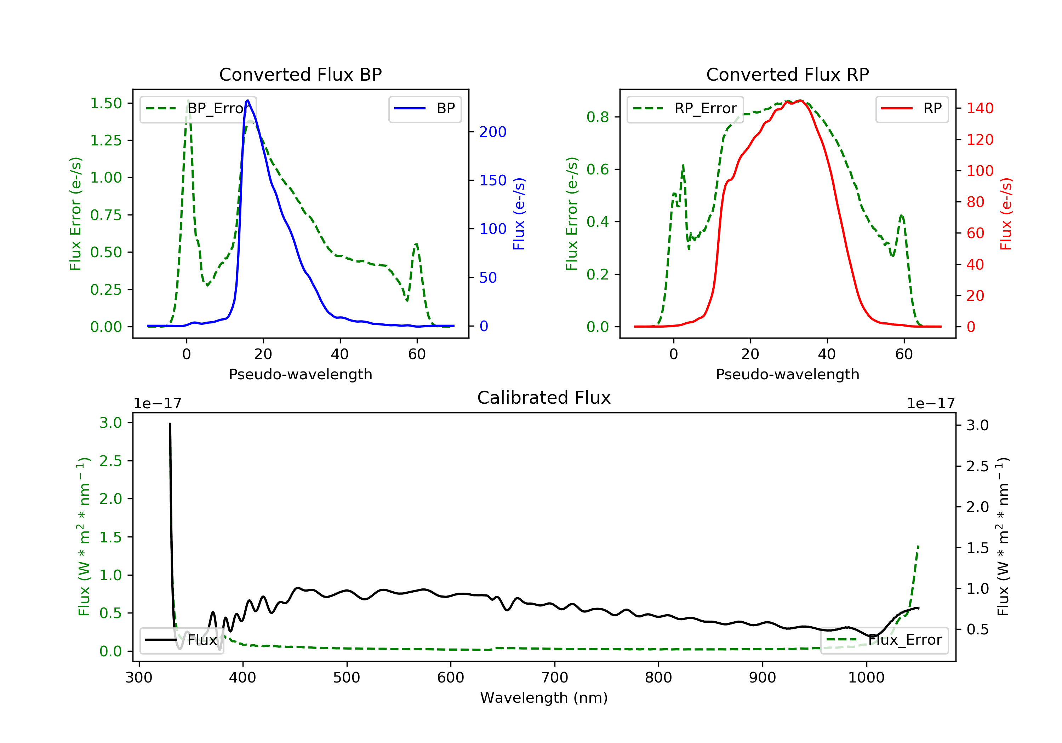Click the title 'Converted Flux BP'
(x=300, y=74)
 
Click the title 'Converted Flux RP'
(x=787, y=74)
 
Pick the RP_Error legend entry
(x=685, y=109)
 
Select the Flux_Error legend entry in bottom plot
(x=884, y=640)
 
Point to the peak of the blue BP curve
(x=248, y=100)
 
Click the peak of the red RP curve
(x=800, y=100)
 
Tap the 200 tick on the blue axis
(x=493, y=132)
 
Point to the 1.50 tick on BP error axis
(x=106, y=103)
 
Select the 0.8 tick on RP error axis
(x=598, y=117)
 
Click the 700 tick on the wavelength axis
(x=555, y=678)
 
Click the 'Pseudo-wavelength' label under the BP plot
(x=300, y=374)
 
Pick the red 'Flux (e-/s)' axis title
(x=1006, y=214)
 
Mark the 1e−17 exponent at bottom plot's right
(x=931, y=404)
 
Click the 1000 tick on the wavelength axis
(x=866, y=678)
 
